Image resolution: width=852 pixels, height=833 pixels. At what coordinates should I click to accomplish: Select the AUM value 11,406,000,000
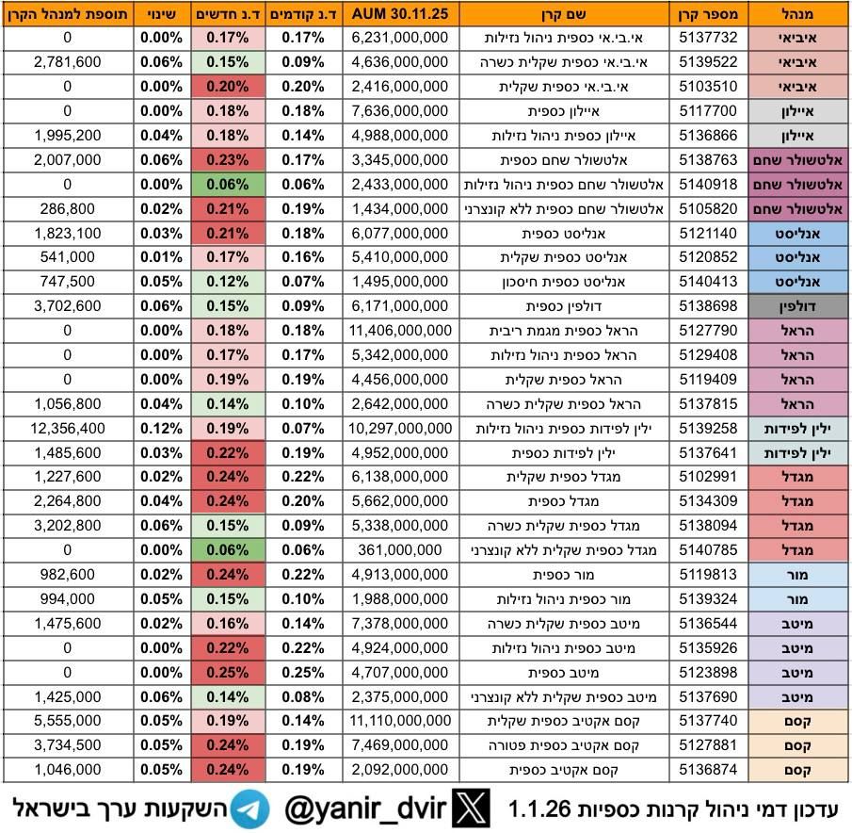coord(399,330)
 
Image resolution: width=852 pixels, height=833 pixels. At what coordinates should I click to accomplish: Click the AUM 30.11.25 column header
coord(399,14)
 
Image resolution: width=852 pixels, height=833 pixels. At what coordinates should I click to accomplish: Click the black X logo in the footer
coord(472,808)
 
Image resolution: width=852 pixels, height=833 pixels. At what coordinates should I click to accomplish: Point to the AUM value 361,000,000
coord(399,550)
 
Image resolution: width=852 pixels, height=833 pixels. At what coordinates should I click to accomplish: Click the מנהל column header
coord(796,14)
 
